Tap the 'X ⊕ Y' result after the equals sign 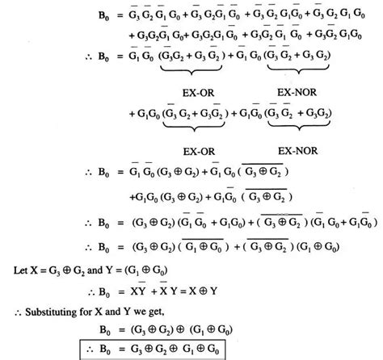tap(203, 287)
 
